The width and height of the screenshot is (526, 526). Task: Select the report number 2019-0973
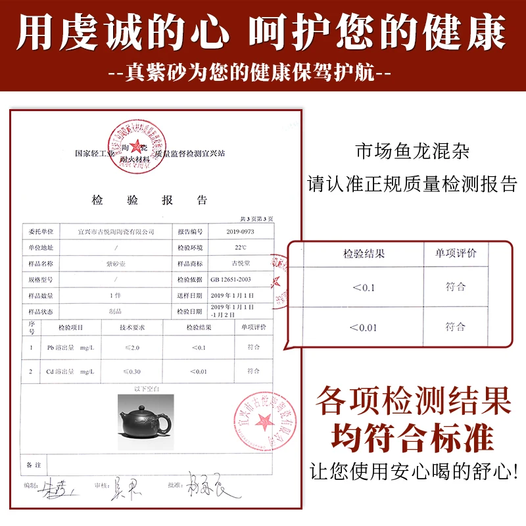pyautogui.click(x=239, y=232)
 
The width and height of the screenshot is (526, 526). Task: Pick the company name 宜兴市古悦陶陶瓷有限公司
pyautogui.click(x=116, y=232)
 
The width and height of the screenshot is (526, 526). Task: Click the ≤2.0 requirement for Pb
pyautogui.click(x=131, y=347)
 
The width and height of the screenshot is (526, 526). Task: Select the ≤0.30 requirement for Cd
pyautogui.click(x=131, y=371)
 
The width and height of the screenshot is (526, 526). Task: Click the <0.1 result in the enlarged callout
pyautogui.click(x=363, y=287)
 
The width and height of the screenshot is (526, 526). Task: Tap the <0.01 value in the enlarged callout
pyautogui.click(x=363, y=327)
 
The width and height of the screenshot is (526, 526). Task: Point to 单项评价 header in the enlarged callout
pyautogui.click(x=455, y=253)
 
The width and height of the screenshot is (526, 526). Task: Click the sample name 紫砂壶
pyautogui.click(x=116, y=263)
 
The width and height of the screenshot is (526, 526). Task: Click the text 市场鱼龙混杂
pyautogui.click(x=412, y=151)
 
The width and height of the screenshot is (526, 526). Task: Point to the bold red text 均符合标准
pyautogui.click(x=413, y=437)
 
